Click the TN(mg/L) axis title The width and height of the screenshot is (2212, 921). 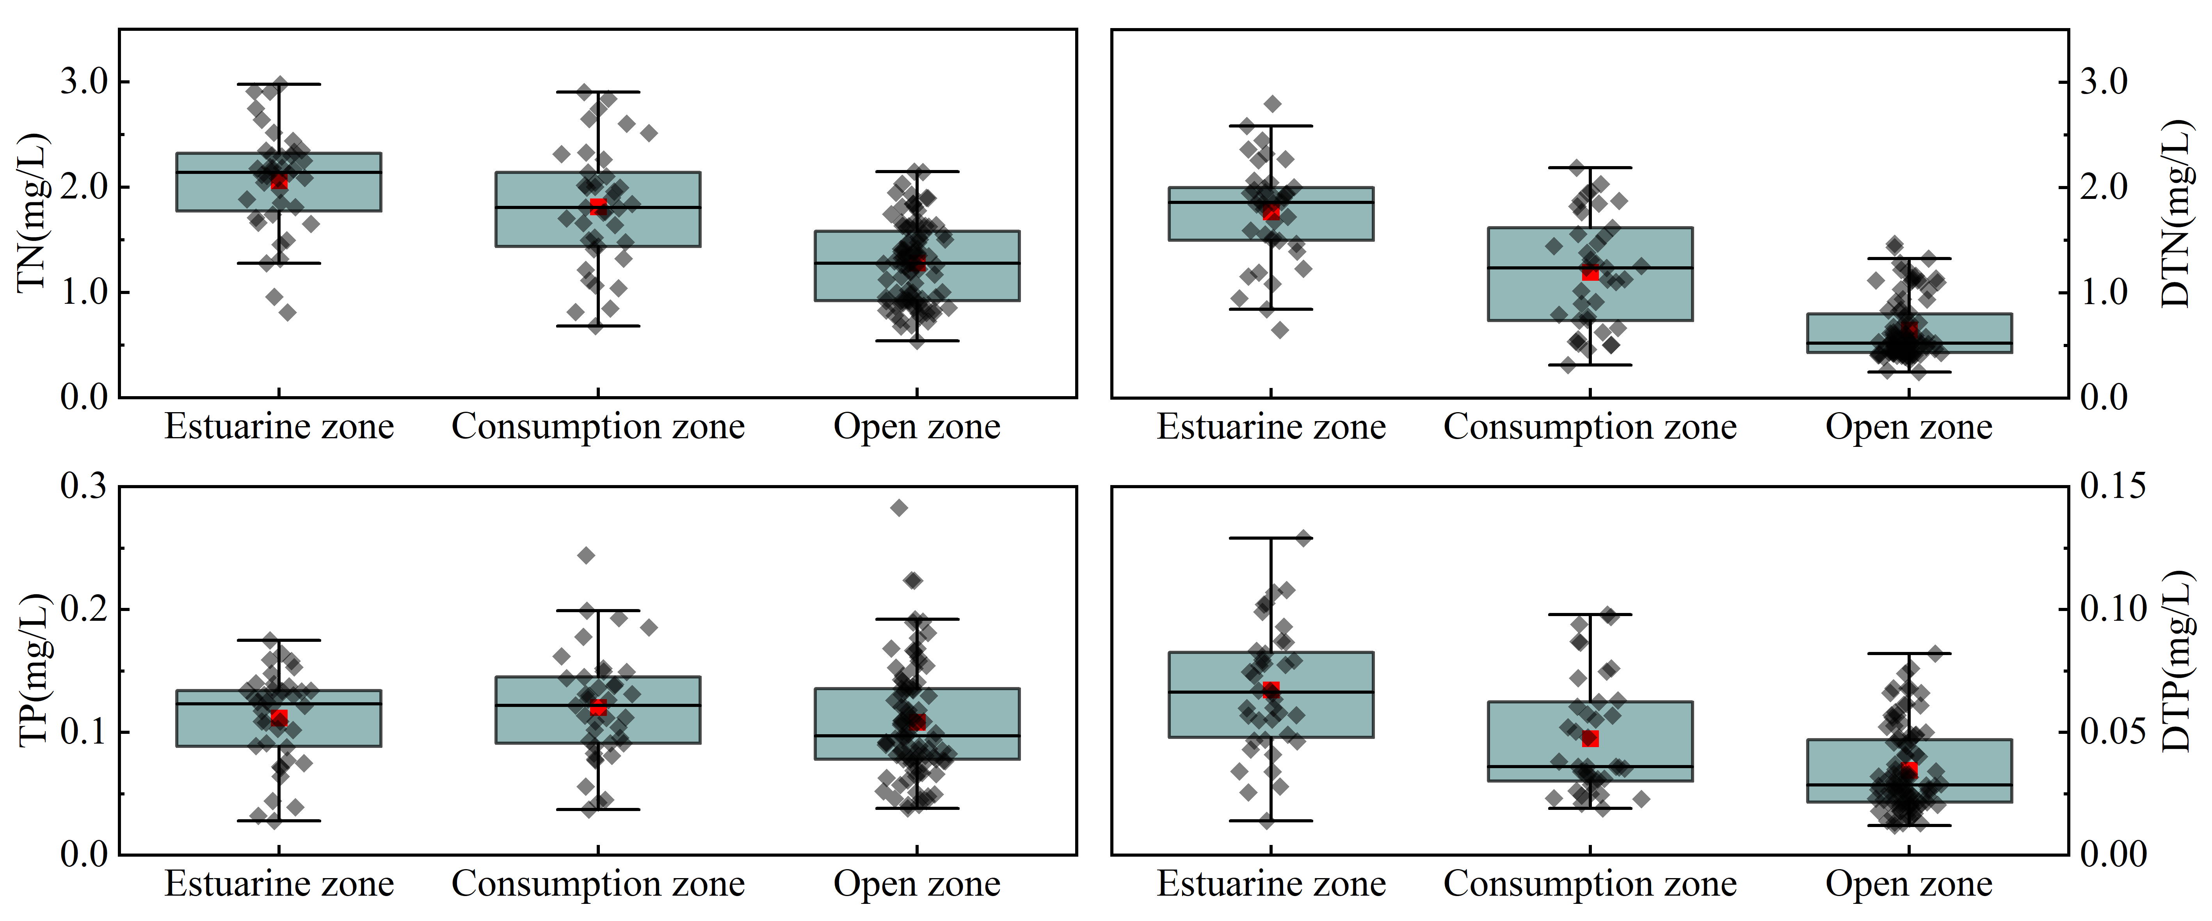33,213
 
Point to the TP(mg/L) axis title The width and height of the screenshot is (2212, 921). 33,669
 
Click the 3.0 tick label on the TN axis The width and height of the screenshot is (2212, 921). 84,81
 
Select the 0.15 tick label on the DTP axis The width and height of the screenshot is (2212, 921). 2112,486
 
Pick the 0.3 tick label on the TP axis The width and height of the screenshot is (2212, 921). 84,486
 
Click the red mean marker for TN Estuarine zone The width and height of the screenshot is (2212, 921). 279,181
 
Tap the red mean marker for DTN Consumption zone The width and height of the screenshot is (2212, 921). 1590,272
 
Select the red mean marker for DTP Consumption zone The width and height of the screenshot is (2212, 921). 1590,738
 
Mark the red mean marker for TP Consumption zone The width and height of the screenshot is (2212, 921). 599,707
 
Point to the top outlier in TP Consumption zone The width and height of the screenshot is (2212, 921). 587,555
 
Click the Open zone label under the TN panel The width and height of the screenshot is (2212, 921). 917,427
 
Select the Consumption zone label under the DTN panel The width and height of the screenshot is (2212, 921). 1590,427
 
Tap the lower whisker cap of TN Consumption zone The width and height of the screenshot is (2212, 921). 599,326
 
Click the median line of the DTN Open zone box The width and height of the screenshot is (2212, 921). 1910,344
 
